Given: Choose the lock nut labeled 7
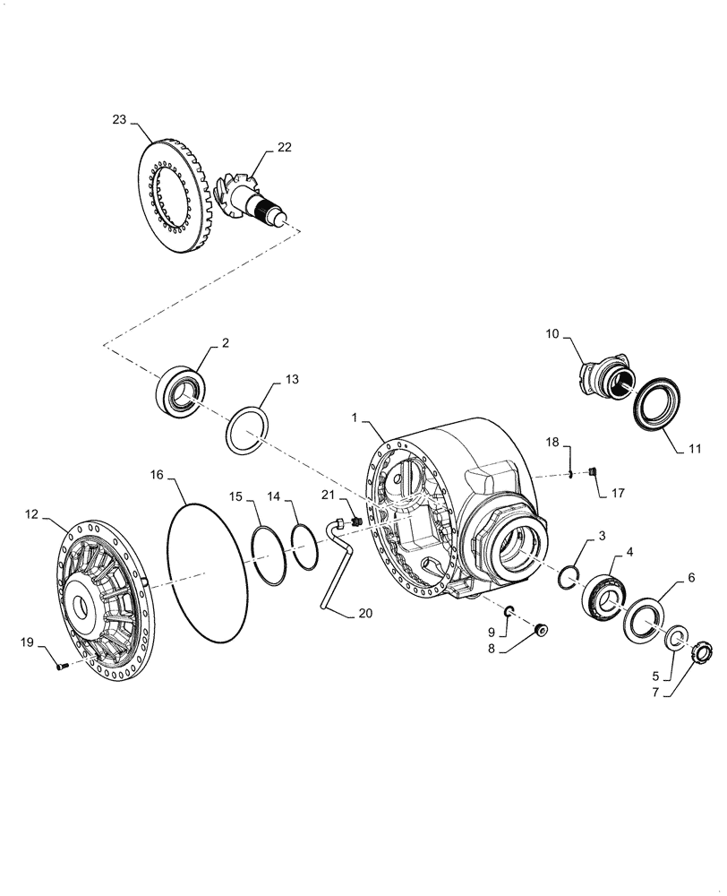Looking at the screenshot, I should tap(702, 648).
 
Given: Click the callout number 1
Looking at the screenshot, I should tap(355, 418).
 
